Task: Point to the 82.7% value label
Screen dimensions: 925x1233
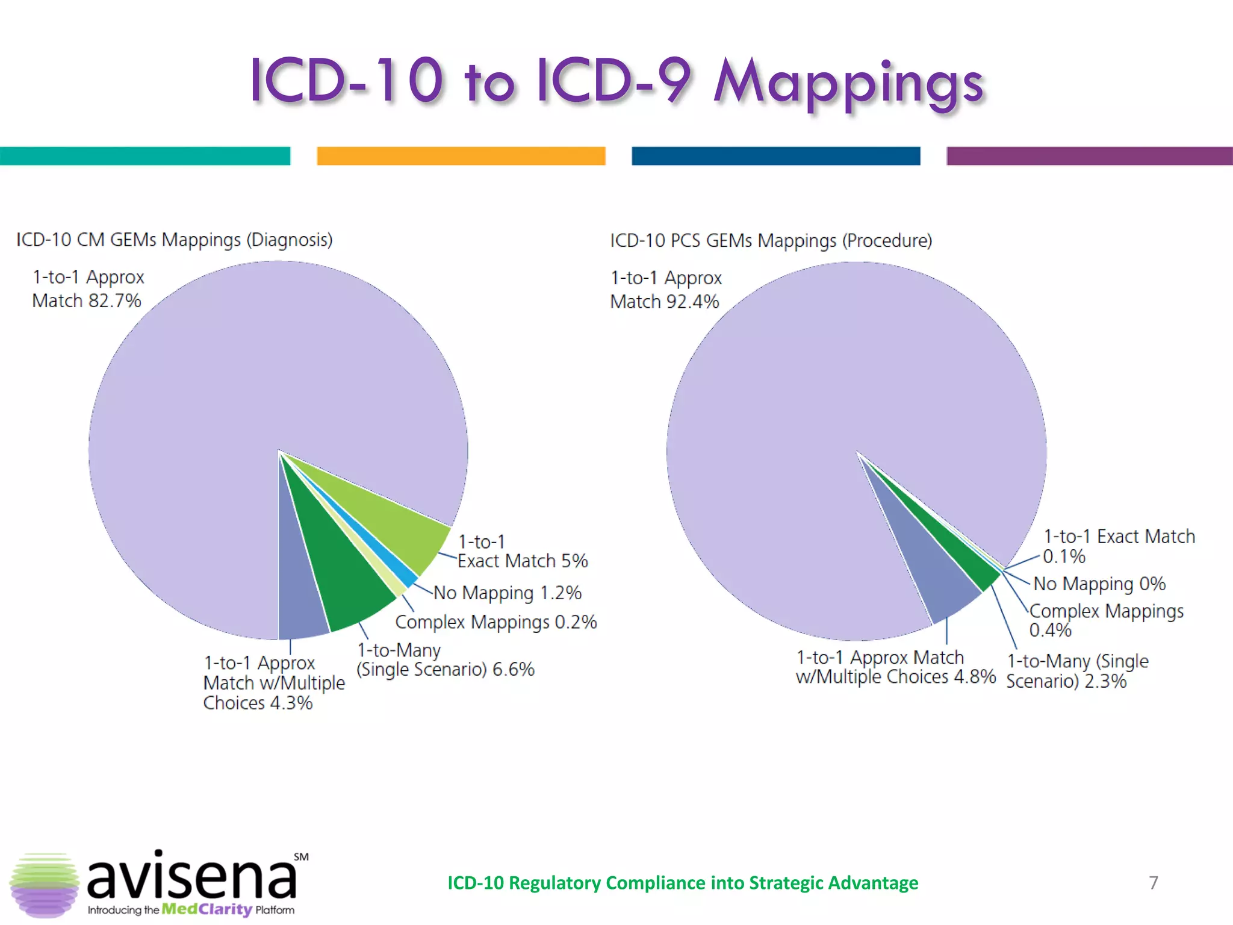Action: coord(114,301)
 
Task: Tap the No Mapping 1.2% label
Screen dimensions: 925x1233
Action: coord(508,593)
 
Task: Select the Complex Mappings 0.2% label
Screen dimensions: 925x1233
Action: coord(495,621)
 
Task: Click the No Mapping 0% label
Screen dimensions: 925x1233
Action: coord(1099,584)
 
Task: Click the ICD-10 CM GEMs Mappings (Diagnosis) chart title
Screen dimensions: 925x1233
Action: coord(174,240)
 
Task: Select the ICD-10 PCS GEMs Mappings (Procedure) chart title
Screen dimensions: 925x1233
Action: coord(771,241)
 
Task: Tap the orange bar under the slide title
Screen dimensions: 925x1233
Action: coord(461,155)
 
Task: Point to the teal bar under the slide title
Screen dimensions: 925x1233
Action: coord(144,155)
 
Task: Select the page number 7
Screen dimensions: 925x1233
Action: coord(1153,882)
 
